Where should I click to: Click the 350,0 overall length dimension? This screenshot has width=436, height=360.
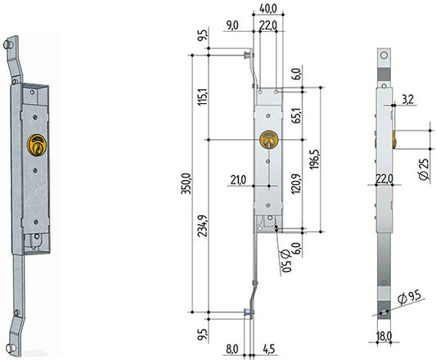186,183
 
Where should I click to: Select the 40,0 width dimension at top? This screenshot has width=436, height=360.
268,9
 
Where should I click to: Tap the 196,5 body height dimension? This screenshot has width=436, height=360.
314,160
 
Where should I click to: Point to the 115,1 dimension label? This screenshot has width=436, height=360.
202,97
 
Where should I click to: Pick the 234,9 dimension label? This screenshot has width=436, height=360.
202,226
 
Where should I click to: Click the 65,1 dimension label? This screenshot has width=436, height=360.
297,115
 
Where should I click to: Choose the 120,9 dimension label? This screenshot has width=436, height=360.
296,184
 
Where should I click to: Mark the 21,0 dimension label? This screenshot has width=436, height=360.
238,180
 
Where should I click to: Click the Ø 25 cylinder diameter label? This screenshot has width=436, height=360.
424,169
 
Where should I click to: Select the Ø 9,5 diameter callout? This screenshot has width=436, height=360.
409,297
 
